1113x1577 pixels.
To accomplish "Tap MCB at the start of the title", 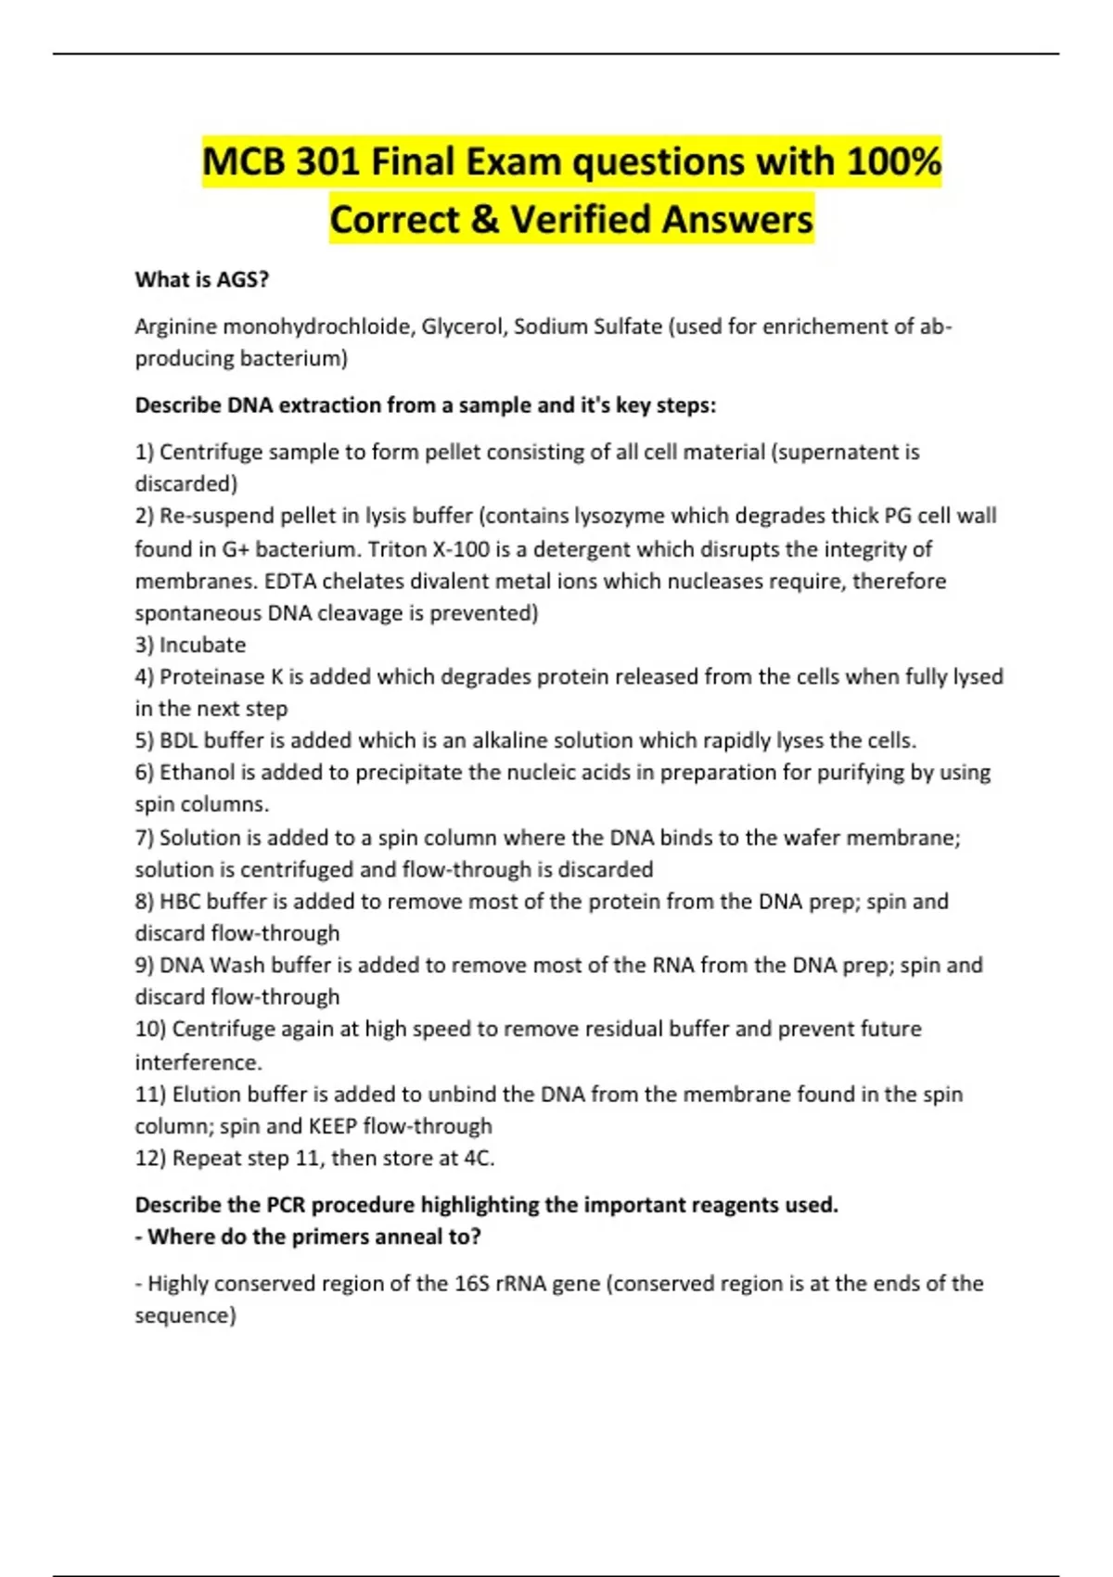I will tap(244, 162).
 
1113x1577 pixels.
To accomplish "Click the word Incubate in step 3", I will tap(202, 645).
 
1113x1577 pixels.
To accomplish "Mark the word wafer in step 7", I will tap(811, 838).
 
